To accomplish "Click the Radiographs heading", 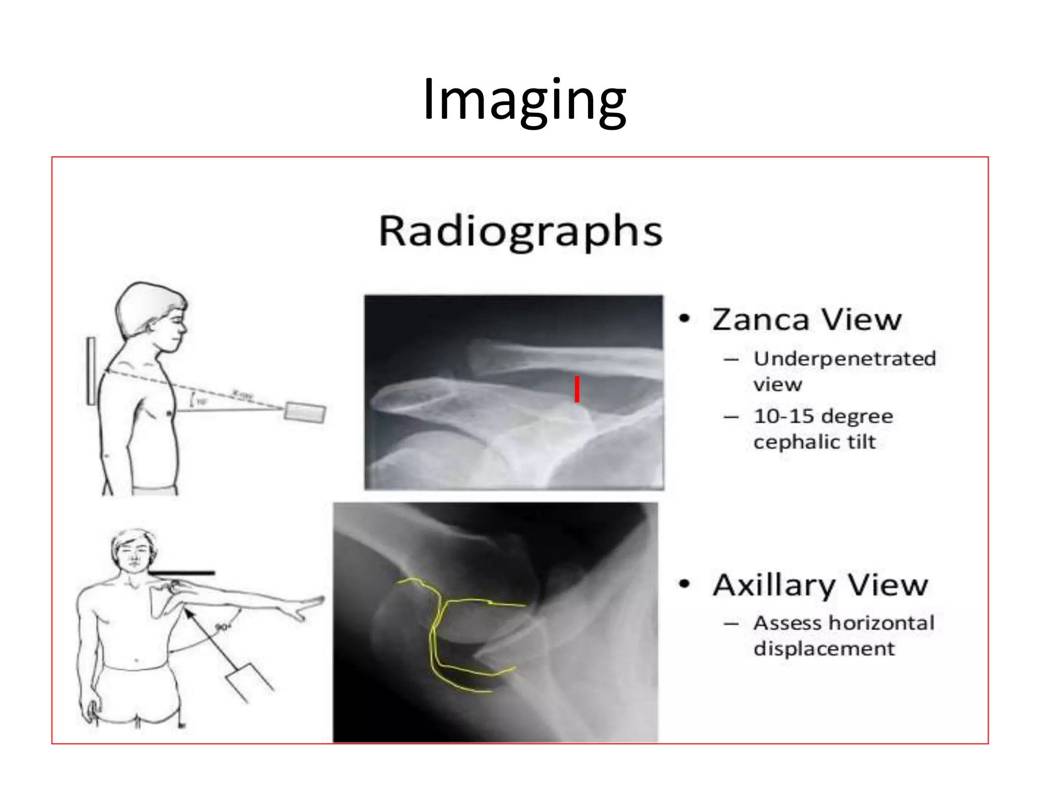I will point(520,232).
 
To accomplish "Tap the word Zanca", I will point(760,320).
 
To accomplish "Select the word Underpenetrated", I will point(845,359).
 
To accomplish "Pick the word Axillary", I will point(773,585).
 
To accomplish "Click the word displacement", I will point(824,649).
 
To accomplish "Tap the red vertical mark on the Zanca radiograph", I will point(577,389).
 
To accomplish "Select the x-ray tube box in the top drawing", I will point(305,412).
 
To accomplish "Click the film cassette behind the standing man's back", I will point(91,371).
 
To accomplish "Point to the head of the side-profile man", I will point(152,313).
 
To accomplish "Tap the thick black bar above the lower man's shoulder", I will point(181,573).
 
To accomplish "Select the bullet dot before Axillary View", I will point(684,584).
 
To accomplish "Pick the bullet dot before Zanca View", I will point(684,319).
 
